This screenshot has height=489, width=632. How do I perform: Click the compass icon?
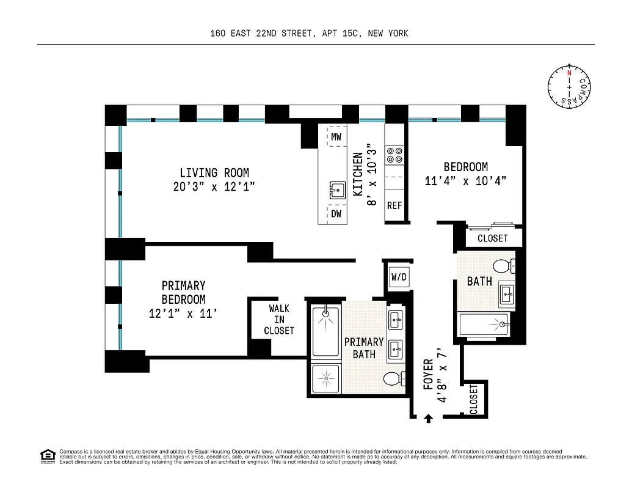tap(569, 86)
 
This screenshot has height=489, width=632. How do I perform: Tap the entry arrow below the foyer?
tap(428, 418)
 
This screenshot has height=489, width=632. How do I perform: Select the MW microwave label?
tap(336, 138)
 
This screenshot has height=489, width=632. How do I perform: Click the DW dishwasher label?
tap(336, 214)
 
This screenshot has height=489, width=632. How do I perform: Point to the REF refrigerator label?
tap(394, 205)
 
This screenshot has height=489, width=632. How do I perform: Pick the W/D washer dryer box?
tap(399, 278)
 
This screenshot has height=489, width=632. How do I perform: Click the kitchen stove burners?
tap(394, 155)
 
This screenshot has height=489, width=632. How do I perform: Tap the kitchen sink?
tap(336, 189)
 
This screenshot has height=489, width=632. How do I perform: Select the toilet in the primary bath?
tap(394, 378)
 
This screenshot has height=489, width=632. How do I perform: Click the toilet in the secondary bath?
tap(504, 266)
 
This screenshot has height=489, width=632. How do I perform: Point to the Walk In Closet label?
tap(279, 320)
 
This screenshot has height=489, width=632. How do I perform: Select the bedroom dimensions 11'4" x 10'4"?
tap(465, 181)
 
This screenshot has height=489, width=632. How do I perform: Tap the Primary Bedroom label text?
tap(183, 292)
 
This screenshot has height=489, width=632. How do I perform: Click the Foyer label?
tap(428, 374)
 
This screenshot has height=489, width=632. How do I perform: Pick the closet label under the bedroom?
tap(492, 238)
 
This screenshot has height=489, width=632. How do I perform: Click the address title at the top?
tap(308, 34)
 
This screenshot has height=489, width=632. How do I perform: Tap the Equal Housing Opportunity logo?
tap(47, 455)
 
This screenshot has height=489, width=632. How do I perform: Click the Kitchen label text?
tap(358, 174)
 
